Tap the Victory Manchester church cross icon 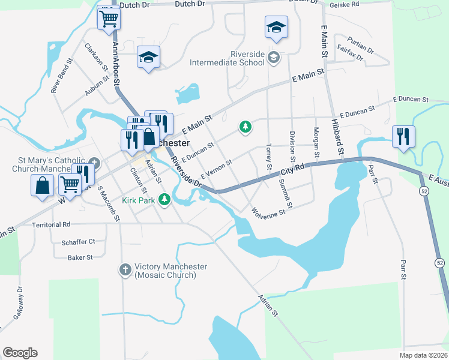pyautogui.click(x=125, y=271)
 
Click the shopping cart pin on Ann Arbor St pyautogui.click(x=108, y=19)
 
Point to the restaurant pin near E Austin pyautogui.click(x=402, y=136)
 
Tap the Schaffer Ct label pyautogui.click(x=78, y=241)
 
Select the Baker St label pyautogui.click(x=80, y=257)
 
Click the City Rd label pyautogui.click(x=294, y=170)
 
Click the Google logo pyautogui.click(x=20, y=353)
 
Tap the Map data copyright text pyautogui.click(x=423, y=355)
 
